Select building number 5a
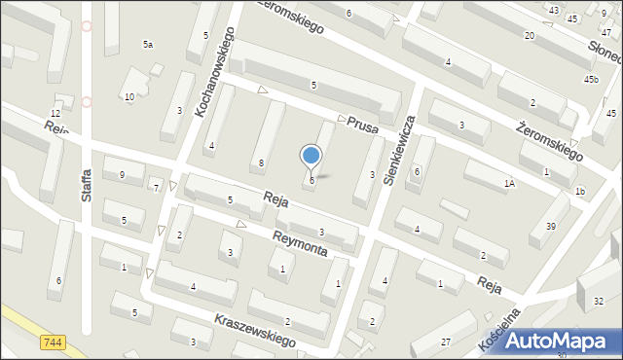(x=148, y=45)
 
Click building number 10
(x=128, y=96)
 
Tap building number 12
(x=55, y=114)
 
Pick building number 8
(x=261, y=162)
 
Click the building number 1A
(x=509, y=183)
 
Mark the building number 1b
(x=579, y=191)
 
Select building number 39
(x=550, y=226)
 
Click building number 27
(x=445, y=341)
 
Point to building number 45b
(x=591, y=79)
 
